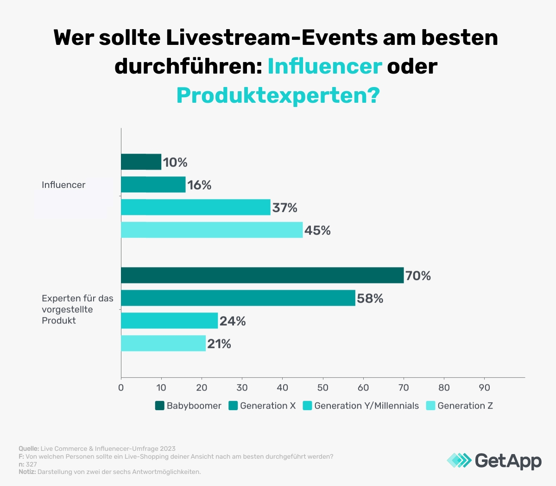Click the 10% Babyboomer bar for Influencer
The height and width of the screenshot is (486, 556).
pos(141,162)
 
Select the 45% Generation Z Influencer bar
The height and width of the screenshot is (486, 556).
pos(212,230)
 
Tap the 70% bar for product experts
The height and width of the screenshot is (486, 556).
pos(262,275)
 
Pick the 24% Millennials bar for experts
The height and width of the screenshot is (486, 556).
pos(170,321)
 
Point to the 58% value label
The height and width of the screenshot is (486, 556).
pos(370,299)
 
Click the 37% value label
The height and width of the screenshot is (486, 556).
pos(284,208)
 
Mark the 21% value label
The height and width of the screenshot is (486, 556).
pos(219,344)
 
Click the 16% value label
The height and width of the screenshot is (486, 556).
pos(199,185)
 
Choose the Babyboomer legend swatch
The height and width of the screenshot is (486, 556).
pos(160,406)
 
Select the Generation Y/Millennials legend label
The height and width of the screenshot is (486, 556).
pos(366,406)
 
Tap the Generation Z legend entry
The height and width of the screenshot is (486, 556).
pos(465,406)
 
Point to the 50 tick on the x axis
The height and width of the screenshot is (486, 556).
pos(323,387)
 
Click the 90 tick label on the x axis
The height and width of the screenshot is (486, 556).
pos(484,387)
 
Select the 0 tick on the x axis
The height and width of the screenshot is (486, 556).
pos(121,387)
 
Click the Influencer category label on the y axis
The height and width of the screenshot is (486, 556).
pos(63,185)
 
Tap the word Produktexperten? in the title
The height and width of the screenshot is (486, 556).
pos(278,95)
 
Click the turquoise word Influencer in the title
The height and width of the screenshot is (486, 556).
pos(324,66)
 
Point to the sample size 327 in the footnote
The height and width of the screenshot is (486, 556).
pos(31,464)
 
